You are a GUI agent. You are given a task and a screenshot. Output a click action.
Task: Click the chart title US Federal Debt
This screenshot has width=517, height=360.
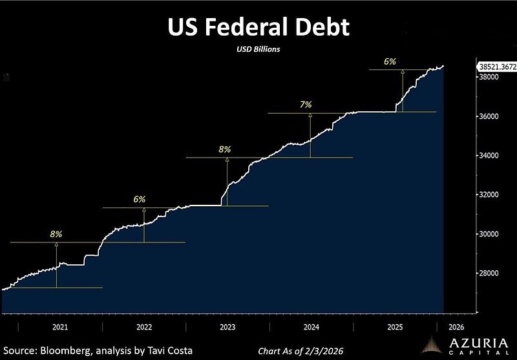(x=258, y=28)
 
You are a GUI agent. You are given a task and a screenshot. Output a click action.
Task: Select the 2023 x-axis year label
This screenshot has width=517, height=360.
(x=227, y=326)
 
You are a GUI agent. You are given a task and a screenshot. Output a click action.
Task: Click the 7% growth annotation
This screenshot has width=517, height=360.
(x=306, y=104)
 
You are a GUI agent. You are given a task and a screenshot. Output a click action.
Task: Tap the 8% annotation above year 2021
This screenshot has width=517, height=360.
(x=56, y=234)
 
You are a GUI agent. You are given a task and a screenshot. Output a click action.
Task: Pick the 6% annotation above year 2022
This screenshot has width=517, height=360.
(x=140, y=200)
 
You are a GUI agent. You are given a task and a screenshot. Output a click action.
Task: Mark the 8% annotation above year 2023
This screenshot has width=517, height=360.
(x=225, y=149)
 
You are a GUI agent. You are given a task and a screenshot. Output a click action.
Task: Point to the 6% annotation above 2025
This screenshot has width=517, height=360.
(x=389, y=61)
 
